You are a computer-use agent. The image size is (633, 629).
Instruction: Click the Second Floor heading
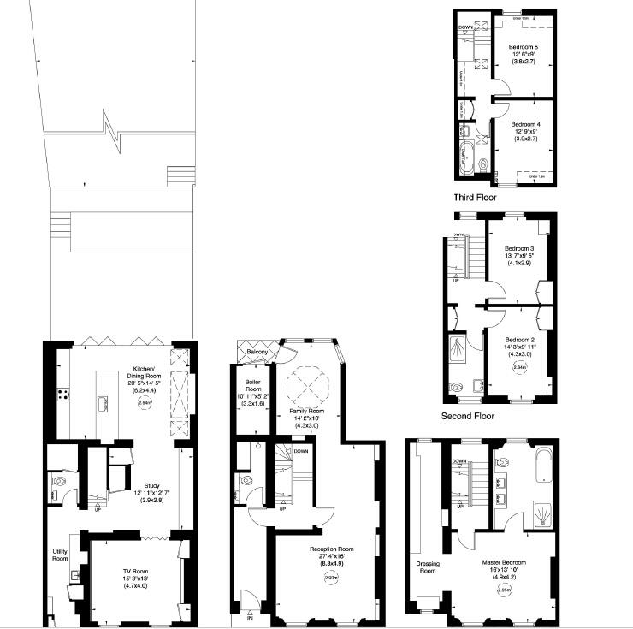point(468,417)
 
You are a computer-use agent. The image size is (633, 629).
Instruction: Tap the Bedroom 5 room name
point(523,46)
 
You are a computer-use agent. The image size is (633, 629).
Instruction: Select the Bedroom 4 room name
point(525,124)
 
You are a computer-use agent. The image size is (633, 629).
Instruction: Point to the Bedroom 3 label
point(518,248)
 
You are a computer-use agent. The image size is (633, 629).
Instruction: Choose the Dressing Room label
point(427,567)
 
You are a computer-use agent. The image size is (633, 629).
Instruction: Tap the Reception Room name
point(333,549)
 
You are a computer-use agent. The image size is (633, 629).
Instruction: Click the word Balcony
point(257,353)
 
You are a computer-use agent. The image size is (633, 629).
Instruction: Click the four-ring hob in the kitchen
point(62,395)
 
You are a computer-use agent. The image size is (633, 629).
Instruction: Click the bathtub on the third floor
point(466,159)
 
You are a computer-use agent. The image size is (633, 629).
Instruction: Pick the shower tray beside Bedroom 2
point(460,347)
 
